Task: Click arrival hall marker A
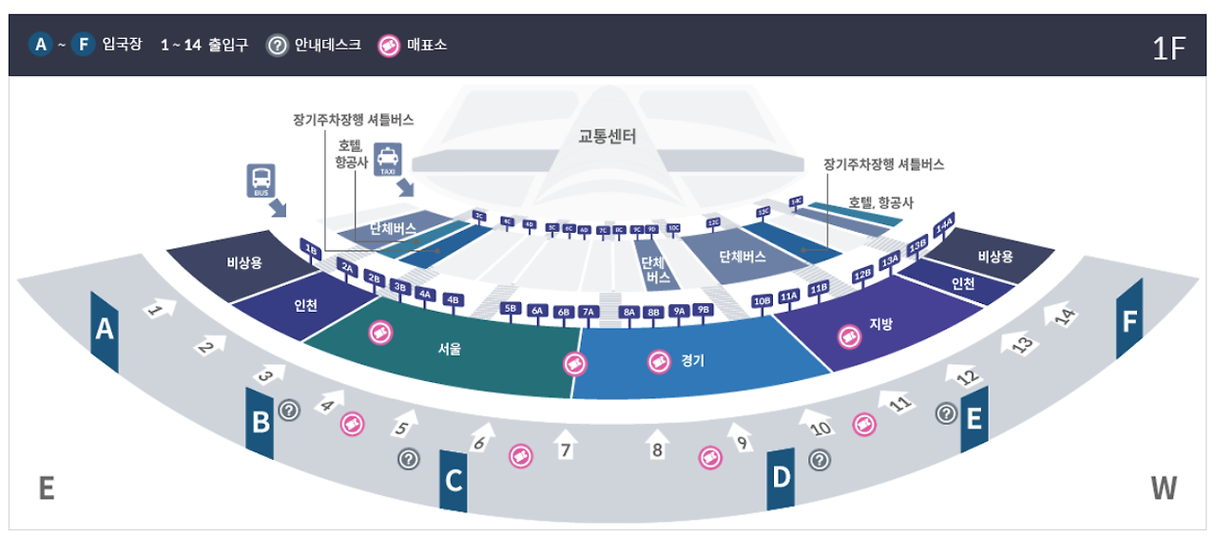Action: [x=104, y=331]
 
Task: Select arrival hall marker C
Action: [x=454, y=481]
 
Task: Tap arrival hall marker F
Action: [x=1129, y=321]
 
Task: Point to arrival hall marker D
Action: [x=781, y=477]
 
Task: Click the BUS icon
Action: [x=261, y=181]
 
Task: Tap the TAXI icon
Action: [x=388, y=160]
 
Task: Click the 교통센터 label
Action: [x=608, y=136]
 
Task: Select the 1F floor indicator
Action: [x=1169, y=49]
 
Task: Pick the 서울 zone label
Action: [x=450, y=349]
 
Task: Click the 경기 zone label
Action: [x=692, y=361]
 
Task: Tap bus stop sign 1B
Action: [x=310, y=249]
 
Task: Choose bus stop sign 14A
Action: [x=944, y=227]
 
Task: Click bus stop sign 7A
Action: [x=588, y=311]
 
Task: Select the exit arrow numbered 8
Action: [x=656, y=444]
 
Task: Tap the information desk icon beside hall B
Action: [x=289, y=410]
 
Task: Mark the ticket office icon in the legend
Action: [x=390, y=45]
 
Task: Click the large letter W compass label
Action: [x=1163, y=488]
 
